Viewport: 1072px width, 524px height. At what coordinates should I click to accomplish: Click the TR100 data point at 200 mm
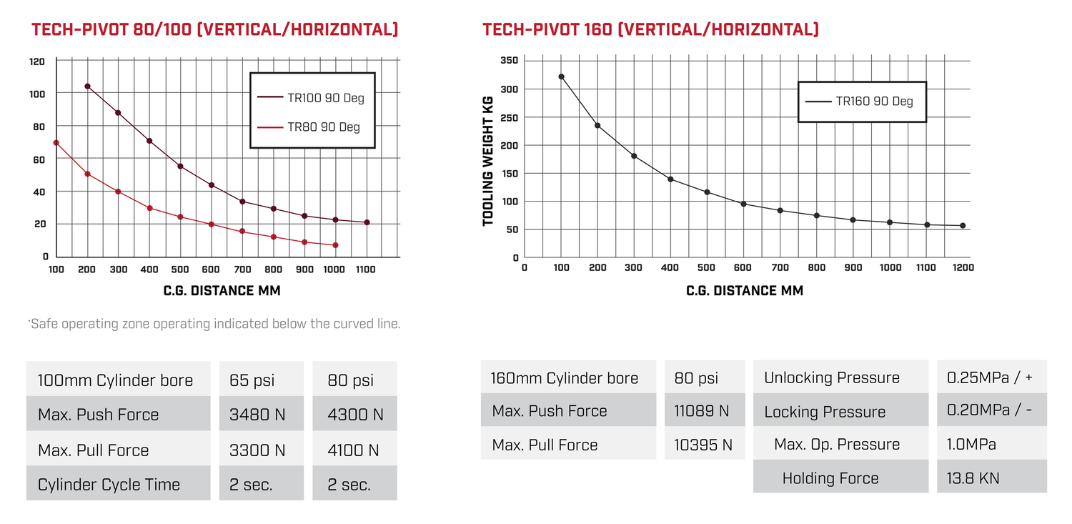pyautogui.click(x=87, y=86)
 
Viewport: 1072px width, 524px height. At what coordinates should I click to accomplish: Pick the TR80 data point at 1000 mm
pyautogui.click(x=336, y=245)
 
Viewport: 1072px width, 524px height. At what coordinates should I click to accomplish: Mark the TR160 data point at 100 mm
pyautogui.click(x=561, y=76)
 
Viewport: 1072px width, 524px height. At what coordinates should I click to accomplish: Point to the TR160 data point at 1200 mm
pyautogui.click(x=963, y=226)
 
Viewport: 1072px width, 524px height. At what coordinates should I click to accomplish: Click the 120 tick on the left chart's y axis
pyautogui.click(x=36, y=61)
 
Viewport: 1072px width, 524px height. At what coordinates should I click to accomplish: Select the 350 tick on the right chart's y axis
pyautogui.click(x=509, y=61)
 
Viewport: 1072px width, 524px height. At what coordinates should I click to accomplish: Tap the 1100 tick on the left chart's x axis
pyautogui.click(x=366, y=270)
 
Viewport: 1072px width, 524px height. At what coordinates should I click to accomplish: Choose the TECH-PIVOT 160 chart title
pyautogui.click(x=650, y=29)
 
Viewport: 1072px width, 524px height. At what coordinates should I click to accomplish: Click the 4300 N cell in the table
pyautogui.click(x=355, y=415)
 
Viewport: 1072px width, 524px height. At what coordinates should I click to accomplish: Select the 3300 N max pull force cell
pyautogui.click(x=257, y=450)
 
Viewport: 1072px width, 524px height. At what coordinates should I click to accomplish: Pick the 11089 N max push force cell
pyautogui.click(x=702, y=411)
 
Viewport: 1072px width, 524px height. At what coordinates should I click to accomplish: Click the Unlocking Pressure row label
pyautogui.click(x=832, y=377)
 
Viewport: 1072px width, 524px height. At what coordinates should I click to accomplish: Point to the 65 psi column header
pyautogui.click(x=252, y=380)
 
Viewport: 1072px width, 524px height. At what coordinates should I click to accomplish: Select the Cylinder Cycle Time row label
pyautogui.click(x=109, y=485)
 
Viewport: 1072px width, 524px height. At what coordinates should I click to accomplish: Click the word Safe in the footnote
pyautogui.click(x=45, y=324)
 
